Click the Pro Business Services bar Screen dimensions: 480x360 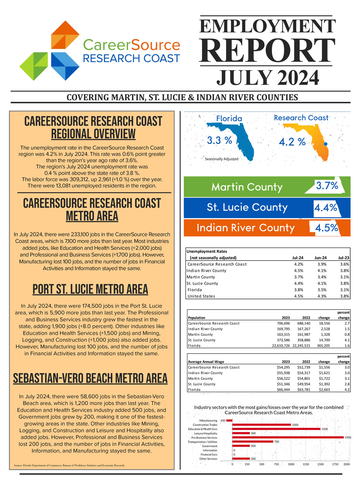[x=288, y=437]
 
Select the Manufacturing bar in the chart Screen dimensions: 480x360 [x=229, y=421]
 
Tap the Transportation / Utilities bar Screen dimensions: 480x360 [x=253, y=442]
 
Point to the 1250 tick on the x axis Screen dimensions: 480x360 [x=306, y=464]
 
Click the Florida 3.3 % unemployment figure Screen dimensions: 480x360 [x=220, y=140]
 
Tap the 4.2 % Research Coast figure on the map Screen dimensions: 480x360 [x=292, y=142]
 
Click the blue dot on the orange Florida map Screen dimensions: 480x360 [x=325, y=144]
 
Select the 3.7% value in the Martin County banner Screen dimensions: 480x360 [x=327, y=186]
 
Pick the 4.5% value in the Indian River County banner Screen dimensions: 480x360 [x=326, y=228]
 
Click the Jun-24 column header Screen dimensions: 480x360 [x=320, y=258]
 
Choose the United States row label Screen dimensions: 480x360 [x=201, y=296]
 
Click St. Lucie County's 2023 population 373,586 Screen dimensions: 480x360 [x=283, y=340]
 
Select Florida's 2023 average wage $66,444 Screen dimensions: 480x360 [x=283, y=390]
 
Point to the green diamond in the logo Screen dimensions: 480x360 [x=34, y=66]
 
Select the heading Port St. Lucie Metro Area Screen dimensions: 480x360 [x=90, y=289]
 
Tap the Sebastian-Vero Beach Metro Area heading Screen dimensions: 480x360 [x=90, y=378]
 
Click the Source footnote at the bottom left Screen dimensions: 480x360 [x=69, y=465]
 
